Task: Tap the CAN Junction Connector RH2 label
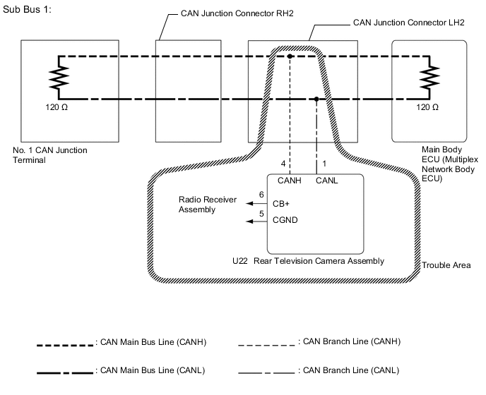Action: click(223, 13)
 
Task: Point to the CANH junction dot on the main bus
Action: click(290, 56)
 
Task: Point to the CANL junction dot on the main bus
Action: click(316, 99)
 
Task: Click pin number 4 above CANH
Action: click(283, 164)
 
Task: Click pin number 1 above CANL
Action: click(324, 164)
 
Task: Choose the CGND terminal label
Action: click(285, 220)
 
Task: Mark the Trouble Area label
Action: click(446, 266)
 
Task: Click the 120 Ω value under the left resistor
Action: click(56, 107)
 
